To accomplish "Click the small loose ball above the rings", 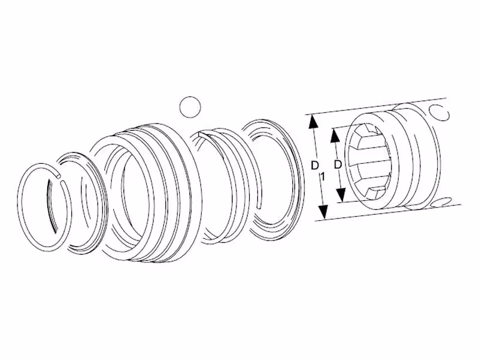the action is (x=190, y=107).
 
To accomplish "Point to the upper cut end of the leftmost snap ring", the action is (x=58, y=175).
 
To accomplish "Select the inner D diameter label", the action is (x=337, y=164).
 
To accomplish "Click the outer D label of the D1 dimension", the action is (x=315, y=166).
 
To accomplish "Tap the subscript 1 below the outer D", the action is (x=323, y=176).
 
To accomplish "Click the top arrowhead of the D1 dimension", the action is (x=312, y=122).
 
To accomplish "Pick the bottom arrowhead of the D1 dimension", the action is (x=323, y=211).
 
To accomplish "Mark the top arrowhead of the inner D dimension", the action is (x=335, y=134).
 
